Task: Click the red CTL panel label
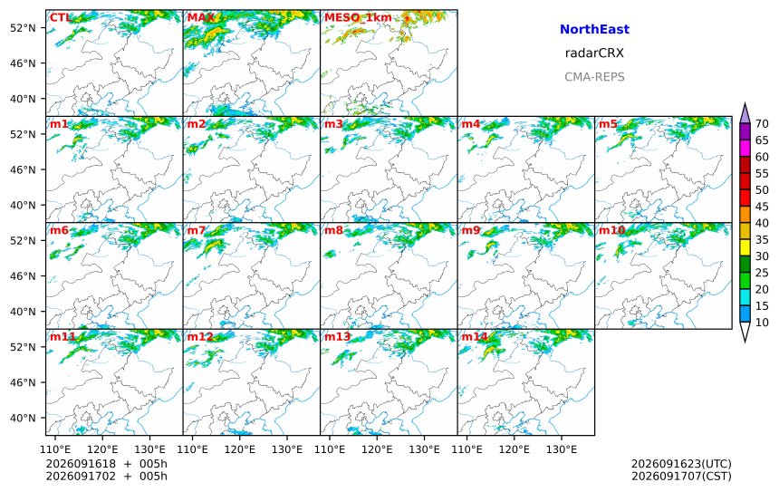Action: pos(60,18)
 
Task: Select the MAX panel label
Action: pos(201,18)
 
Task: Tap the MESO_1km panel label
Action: pos(358,18)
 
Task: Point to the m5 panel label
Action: pos(608,124)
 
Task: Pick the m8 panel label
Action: pos(334,230)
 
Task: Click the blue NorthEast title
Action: pos(594,29)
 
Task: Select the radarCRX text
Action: pos(594,53)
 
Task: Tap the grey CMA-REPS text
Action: pos(594,76)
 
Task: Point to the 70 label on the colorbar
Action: pos(762,124)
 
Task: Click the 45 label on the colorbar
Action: pos(762,207)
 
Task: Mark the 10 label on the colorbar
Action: pos(762,323)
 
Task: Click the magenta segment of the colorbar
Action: pos(745,148)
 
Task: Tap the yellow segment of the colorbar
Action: pos(745,247)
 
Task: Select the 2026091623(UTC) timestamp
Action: pos(681,464)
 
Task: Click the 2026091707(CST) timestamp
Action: pos(681,476)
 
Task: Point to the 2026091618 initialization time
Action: pos(81,464)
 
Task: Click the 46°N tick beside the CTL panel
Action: pos(24,63)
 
